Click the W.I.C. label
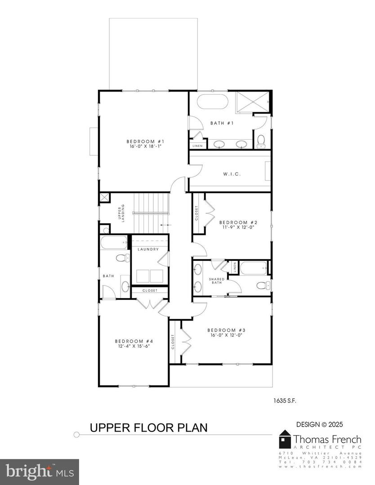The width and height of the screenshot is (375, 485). click(x=230, y=174)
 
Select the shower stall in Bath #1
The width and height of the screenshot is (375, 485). click(x=253, y=101)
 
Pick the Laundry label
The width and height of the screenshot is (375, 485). click(x=147, y=249)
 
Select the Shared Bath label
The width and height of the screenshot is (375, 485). click(x=217, y=281)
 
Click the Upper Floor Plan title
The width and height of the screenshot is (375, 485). click(x=149, y=428)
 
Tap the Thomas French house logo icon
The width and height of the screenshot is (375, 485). click(x=285, y=439)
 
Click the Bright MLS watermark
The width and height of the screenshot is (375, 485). click(x=40, y=472)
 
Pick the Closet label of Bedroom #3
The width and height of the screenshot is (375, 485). click(x=173, y=342)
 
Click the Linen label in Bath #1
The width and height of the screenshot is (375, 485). click(x=197, y=146)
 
